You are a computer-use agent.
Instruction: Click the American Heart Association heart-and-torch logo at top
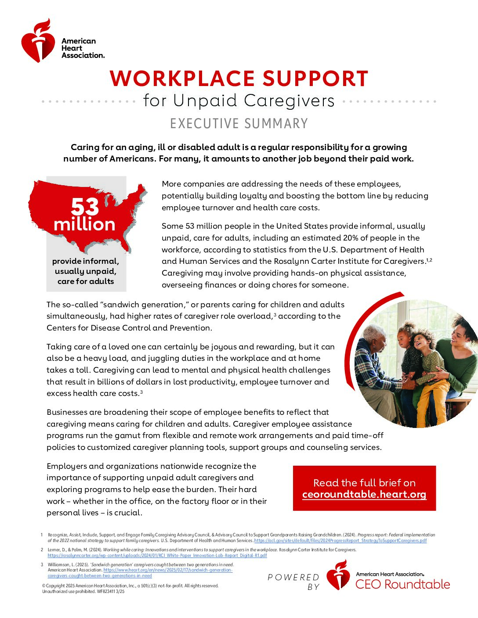(38, 41)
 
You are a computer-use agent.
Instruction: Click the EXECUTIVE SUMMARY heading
(239, 124)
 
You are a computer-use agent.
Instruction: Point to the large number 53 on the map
(85, 206)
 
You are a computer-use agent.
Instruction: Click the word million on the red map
(84, 225)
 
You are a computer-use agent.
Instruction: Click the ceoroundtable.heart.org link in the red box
(364, 495)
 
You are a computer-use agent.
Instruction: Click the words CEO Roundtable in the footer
(402, 584)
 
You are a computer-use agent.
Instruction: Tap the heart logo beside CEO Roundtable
(338, 575)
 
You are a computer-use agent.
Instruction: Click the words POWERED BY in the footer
(293, 582)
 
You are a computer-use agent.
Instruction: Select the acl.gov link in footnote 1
(340, 541)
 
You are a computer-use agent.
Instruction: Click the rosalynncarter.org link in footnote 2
(157, 555)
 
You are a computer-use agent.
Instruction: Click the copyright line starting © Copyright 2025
(130, 586)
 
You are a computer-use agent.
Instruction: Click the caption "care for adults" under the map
(86, 281)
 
